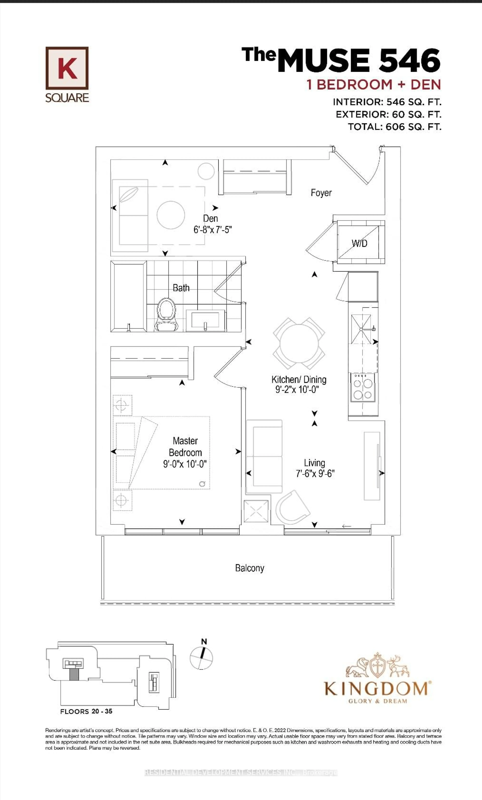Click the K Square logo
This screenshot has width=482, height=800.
tap(67, 74)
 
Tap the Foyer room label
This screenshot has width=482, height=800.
tap(321, 193)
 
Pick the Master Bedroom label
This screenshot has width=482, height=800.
tap(185, 446)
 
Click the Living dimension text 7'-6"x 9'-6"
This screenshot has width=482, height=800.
tap(315, 474)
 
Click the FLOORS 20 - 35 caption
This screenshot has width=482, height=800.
tap(86, 711)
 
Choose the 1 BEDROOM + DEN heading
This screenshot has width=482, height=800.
tap(374, 85)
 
